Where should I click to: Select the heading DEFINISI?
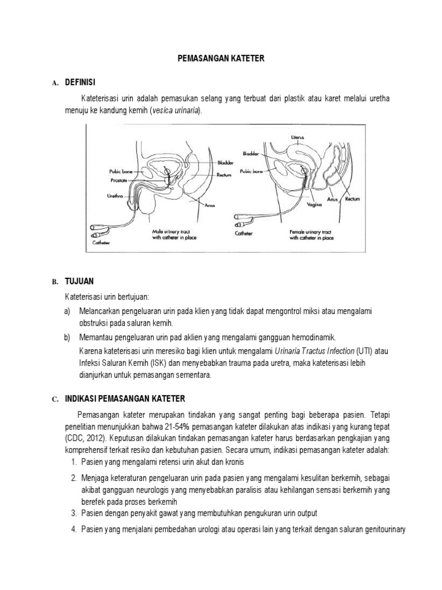tap(82, 83)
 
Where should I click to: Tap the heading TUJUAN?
tap(79, 281)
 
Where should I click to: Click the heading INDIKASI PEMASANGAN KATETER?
tap(124, 399)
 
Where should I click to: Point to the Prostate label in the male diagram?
tap(119, 179)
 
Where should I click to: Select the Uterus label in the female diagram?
tap(298, 137)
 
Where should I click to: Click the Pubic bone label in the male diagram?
tap(120, 171)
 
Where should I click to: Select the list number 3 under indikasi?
tap(74, 513)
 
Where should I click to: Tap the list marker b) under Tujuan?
tap(67, 337)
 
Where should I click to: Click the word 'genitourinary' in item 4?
tap(385, 529)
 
